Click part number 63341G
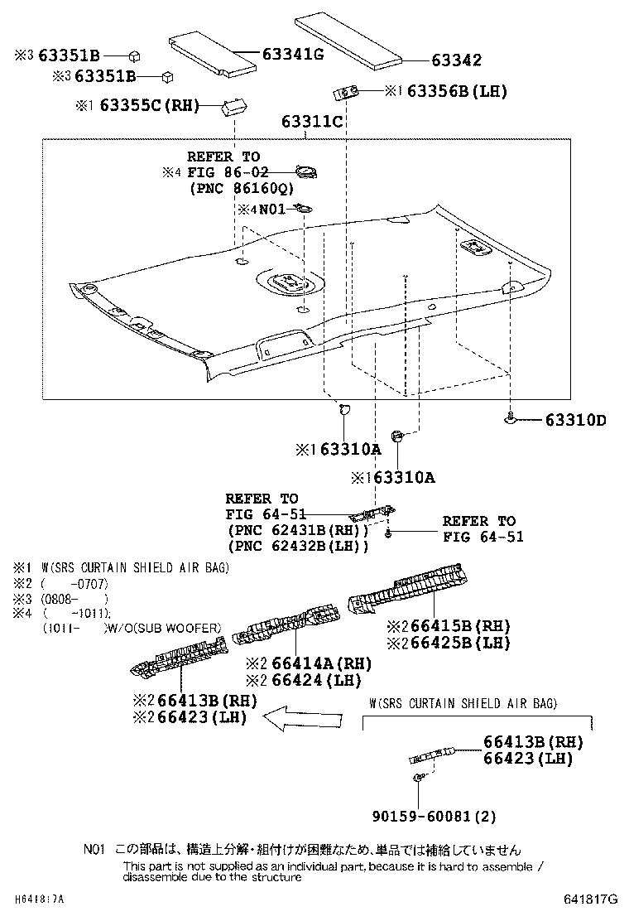(x=292, y=55)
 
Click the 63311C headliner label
(x=311, y=122)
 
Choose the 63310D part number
(x=575, y=421)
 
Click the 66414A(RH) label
(x=314, y=664)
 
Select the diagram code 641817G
(x=591, y=899)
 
